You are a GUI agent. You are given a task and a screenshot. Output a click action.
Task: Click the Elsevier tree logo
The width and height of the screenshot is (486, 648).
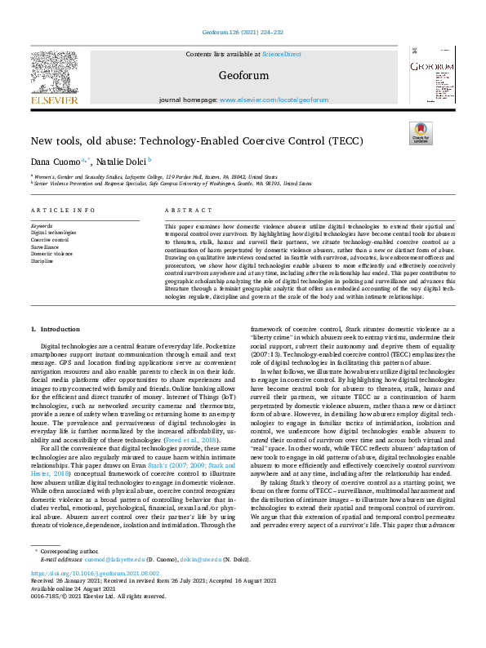tap(54, 73)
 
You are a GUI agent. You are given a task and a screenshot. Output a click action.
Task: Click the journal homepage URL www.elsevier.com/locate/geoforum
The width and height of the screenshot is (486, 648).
tap(274, 100)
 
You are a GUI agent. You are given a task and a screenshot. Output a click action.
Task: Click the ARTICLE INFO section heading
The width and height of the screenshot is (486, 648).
tap(61, 210)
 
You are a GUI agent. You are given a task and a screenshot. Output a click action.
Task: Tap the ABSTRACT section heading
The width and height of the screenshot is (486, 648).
tap(182, 210)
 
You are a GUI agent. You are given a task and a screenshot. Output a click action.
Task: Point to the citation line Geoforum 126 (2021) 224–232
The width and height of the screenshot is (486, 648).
tap(243, 32)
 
